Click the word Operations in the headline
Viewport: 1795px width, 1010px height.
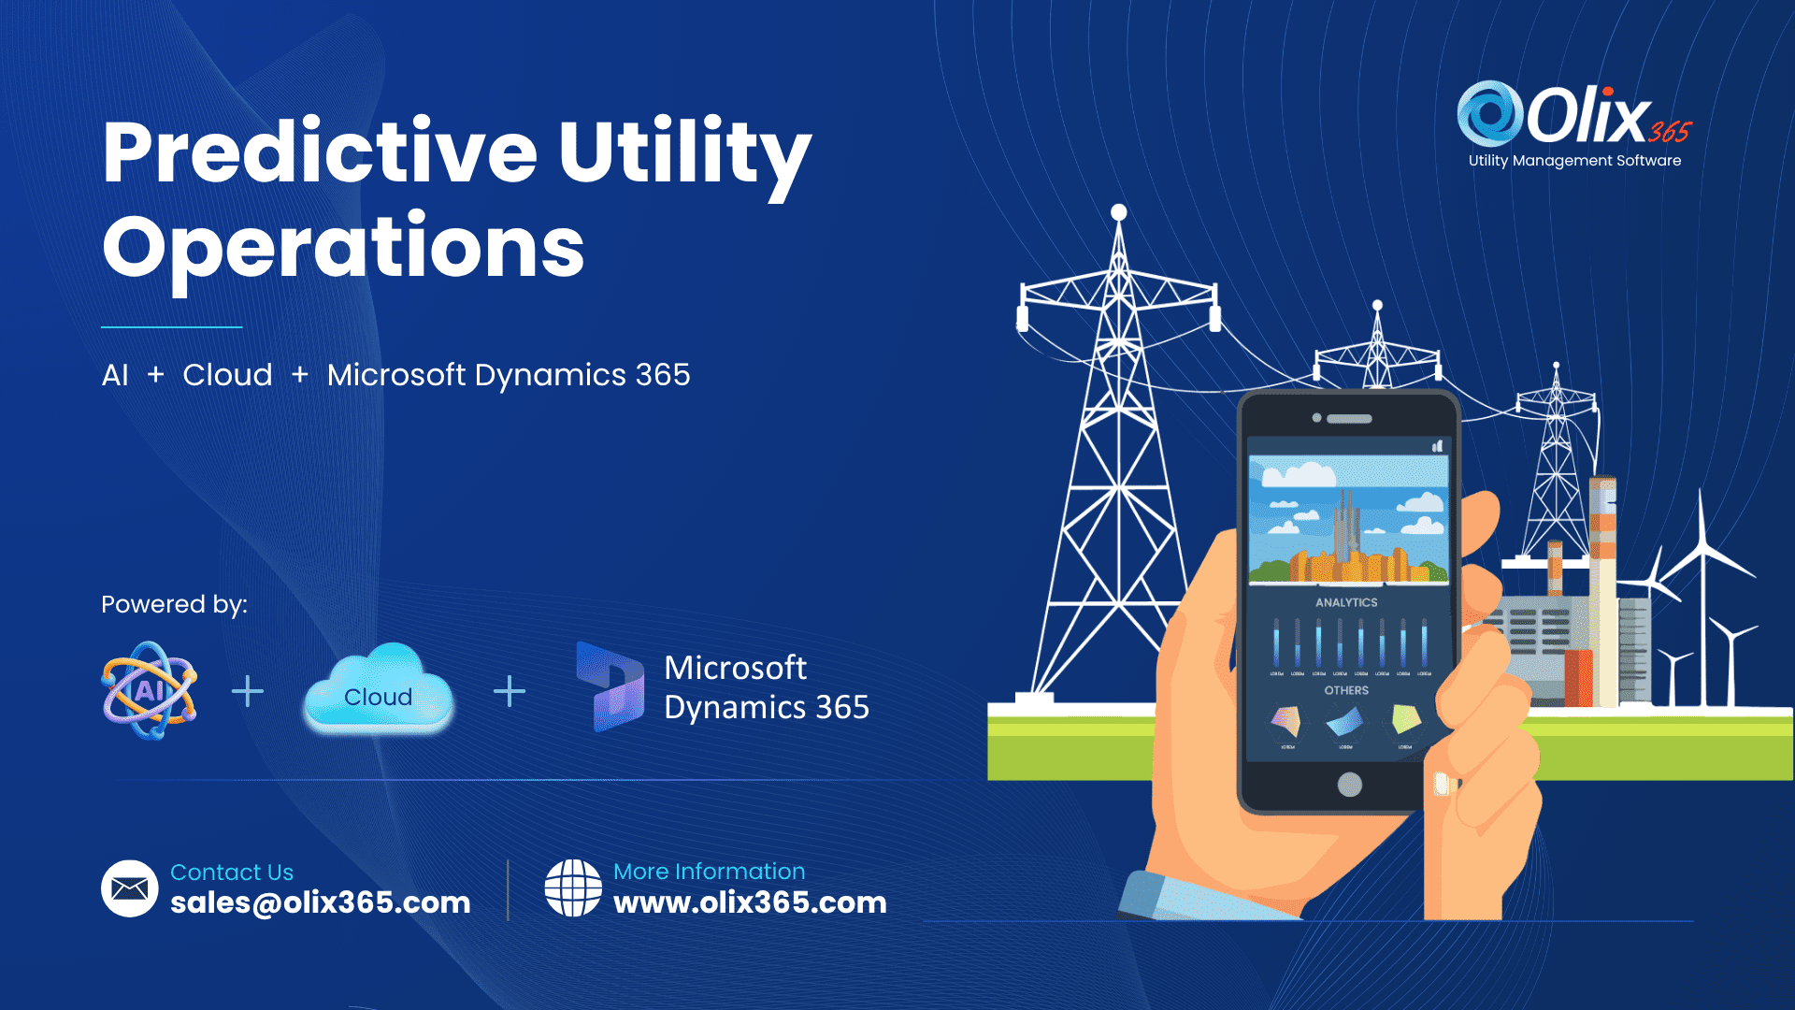[343, 247]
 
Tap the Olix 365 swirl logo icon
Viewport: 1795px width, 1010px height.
[1490, 113]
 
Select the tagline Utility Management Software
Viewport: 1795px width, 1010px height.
[1574, 161]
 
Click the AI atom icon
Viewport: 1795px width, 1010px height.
[150, 691]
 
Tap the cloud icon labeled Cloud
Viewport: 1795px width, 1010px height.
[379, 690]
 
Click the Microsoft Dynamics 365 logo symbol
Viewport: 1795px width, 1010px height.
[610, 686]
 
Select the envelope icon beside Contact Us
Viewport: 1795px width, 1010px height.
[129, 888]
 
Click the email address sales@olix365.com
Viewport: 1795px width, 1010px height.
[320, 902]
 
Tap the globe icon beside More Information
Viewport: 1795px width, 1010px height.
[573, 888]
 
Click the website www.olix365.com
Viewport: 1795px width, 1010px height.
[750, 902]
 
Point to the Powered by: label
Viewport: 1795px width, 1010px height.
[174, 604]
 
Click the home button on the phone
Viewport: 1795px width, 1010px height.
[1349, 785]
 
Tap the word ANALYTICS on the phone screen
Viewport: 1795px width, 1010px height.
[1346, 602]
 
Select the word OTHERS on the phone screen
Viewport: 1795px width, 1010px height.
[1346, 690]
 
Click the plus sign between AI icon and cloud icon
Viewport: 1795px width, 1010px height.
[248, 692]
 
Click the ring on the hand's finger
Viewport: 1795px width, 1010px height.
[1445, 784]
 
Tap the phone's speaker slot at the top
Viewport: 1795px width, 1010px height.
[1349, 419]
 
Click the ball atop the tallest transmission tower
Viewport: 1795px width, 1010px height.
[1118, 212]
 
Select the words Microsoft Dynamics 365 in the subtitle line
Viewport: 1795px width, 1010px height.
[509, 375]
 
